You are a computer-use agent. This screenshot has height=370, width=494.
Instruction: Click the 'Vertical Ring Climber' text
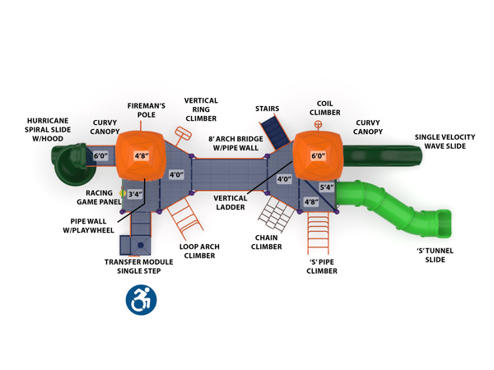201,109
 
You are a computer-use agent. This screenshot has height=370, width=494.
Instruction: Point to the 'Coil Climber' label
324,109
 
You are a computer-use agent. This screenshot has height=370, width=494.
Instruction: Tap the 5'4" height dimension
327,187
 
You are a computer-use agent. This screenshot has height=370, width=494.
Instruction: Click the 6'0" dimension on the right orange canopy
318,155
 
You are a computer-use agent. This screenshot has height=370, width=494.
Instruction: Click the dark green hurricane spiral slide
67,164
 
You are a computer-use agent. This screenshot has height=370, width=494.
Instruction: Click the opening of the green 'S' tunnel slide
441,222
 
